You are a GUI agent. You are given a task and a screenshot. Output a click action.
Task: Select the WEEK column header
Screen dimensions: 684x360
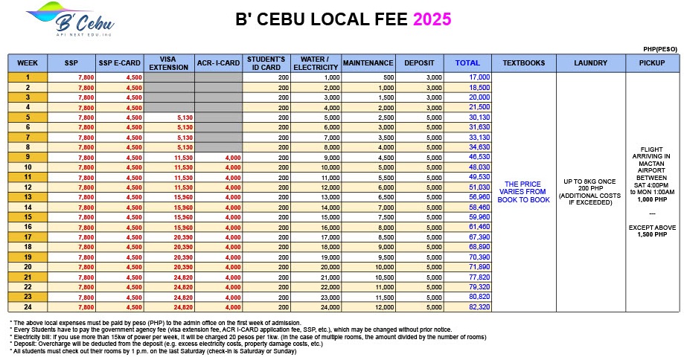click(28, 63)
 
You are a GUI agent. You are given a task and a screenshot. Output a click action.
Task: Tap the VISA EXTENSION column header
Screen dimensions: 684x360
click(169, 63)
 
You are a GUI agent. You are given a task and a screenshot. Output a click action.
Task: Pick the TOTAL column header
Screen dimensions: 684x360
click(467, 63)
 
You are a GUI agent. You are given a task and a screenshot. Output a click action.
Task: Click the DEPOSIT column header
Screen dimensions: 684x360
click(419, 63)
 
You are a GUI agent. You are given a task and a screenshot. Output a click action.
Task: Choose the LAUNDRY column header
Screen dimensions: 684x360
click(591, 63)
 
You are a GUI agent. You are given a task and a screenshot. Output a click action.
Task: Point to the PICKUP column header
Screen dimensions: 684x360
click(652, 63)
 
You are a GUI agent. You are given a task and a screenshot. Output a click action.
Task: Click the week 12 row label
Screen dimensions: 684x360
click(28, 187)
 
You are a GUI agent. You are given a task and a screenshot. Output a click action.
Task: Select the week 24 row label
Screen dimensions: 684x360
click(28, 306)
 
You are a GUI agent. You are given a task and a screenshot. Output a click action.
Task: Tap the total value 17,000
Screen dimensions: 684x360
click(479, 77)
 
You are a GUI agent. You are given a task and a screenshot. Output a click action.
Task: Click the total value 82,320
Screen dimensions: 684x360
click(479, 306)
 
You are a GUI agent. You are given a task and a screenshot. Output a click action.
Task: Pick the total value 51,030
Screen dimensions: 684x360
click(479, 187)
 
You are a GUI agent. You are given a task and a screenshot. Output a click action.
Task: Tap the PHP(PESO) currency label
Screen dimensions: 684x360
click(660, 49)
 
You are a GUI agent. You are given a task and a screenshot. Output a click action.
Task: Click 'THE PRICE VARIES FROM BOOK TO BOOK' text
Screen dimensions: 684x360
click(527, 192)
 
